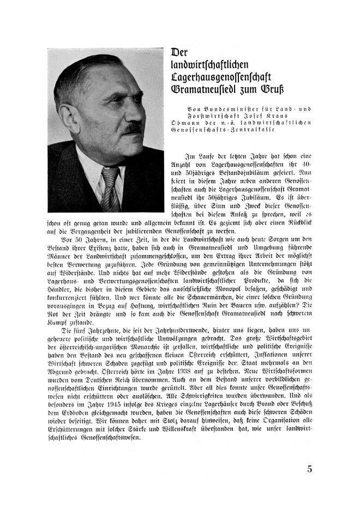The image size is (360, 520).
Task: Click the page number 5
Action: [310, 469]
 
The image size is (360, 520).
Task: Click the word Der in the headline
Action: [181, 52]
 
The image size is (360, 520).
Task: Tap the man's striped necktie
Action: [110, 189]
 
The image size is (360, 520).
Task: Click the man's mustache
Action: [134, 129]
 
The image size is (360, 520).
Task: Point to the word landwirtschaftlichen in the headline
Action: [211, 64]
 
